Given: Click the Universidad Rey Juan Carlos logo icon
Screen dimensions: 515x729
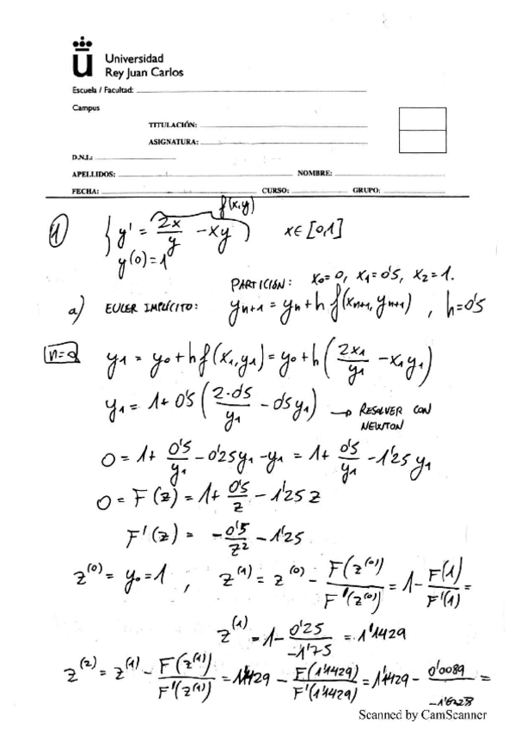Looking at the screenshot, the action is pyautogui.click(x=82, y=58).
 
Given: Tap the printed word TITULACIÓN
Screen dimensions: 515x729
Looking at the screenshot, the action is pyautogui.click(x=173, y=126).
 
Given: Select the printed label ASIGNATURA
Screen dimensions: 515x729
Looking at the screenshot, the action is pyautogui.click(x=174, y=141).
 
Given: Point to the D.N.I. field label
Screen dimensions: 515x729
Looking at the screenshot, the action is pyautogui.click(x=83, y=157).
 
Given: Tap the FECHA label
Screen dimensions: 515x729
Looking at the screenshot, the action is pyautogui.click(x=87, y=189).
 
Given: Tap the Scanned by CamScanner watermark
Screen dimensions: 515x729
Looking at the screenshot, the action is pyautogui.click(x=421, y=714).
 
